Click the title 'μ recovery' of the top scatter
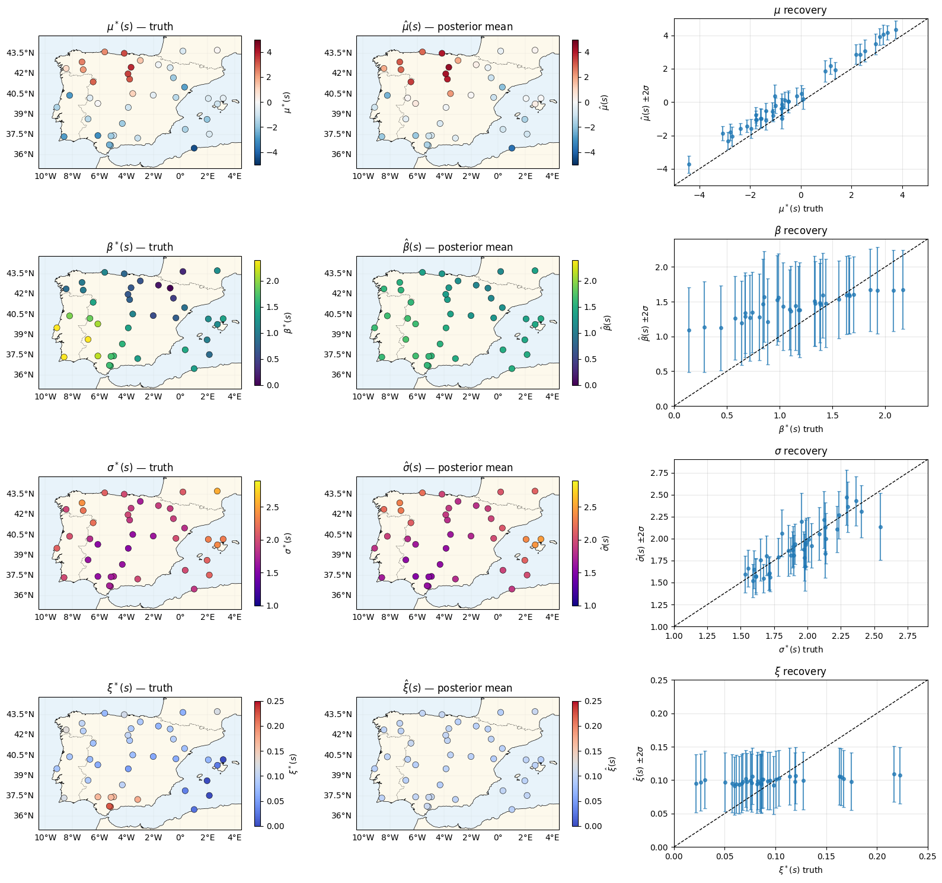coord(800,10)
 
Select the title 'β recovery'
coord(800,231)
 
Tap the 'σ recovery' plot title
coord(800,451)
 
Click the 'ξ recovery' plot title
coord(800,671)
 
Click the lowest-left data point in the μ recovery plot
coord(689,164)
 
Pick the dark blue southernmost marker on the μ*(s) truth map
coord(194,148)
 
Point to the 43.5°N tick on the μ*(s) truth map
coord(20,53)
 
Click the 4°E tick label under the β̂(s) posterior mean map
coord(552,396)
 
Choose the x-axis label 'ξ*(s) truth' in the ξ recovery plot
coord(800,870)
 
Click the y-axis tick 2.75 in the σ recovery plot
coord(659,473)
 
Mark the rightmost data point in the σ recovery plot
coord(880,527)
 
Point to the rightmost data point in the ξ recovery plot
coord(900,775)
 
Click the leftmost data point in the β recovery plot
coord(689,330)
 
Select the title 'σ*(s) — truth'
coord(140,468)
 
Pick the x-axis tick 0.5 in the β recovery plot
coord(727,415)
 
